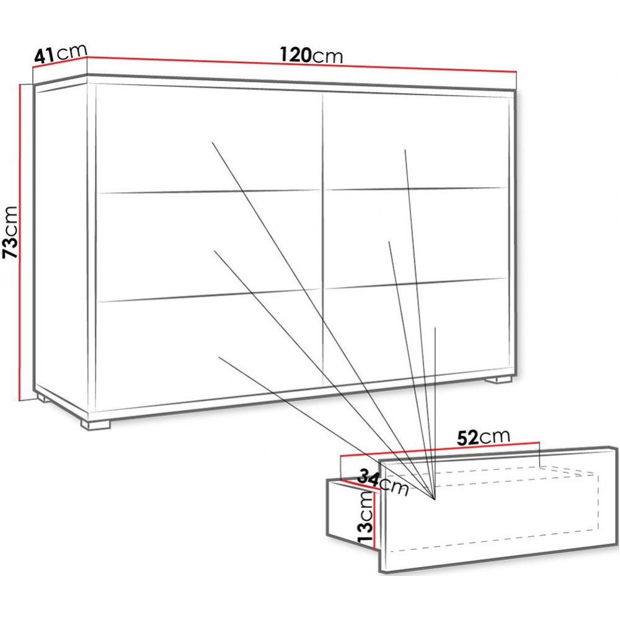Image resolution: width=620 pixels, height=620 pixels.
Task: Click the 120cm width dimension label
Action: pos(311,55)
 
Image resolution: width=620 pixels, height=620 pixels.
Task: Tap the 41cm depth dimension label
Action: pos(61,53)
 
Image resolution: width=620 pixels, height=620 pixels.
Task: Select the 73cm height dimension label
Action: pos(11,232)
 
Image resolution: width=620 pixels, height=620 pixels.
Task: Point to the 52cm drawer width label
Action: pos(483,437)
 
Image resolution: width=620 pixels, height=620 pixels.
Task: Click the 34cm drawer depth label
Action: pos(383,482)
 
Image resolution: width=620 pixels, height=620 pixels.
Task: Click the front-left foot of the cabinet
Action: pos(95,424)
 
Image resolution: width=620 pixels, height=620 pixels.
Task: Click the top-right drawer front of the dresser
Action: pos(415,141)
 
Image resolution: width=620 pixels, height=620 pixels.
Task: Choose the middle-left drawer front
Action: pos(209,247)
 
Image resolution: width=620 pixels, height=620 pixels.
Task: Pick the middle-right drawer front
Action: pos(415,238)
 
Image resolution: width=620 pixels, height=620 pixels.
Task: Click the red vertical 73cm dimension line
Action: pos(19,242)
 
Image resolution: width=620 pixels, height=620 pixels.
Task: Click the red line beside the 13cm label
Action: pos(374,520)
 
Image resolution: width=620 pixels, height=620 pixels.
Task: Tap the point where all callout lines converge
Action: pos(435,500)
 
